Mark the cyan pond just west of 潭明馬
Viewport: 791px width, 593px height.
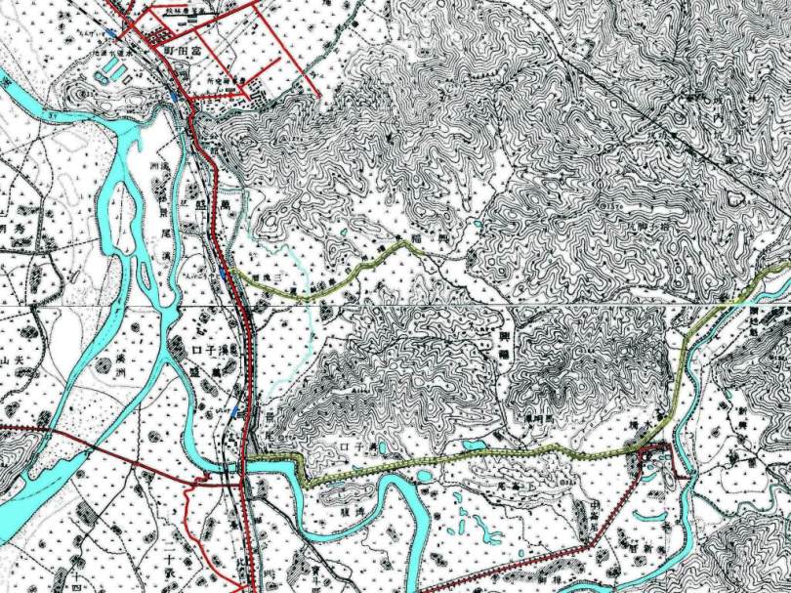click(476, 445)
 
